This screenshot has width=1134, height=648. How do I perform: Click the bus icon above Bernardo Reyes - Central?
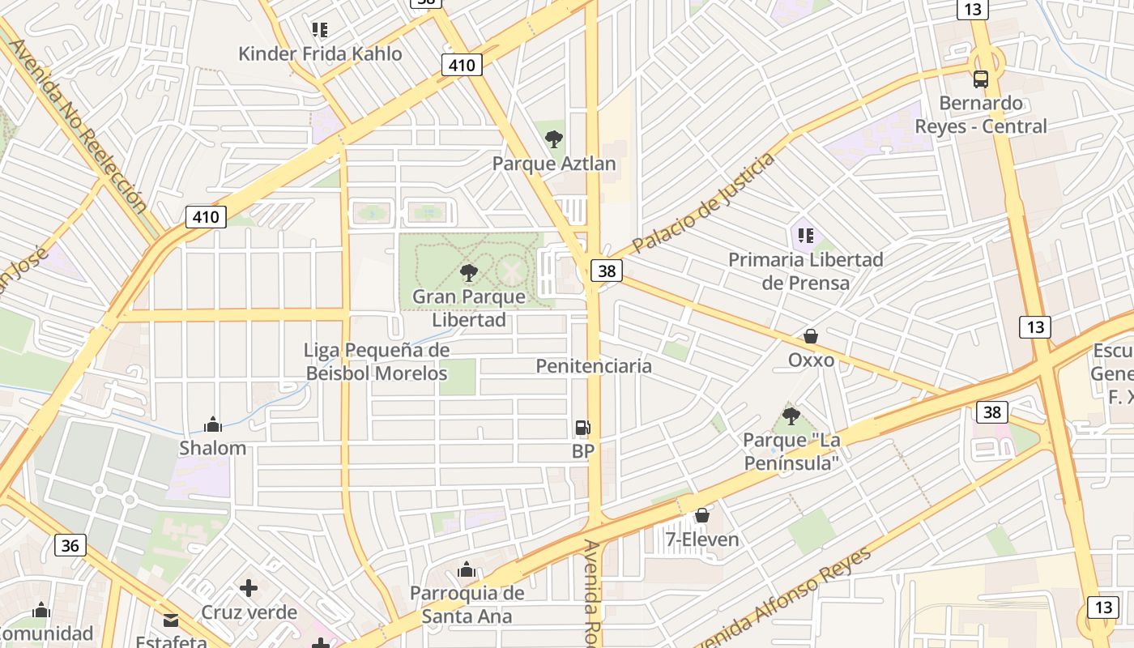coord(980,79)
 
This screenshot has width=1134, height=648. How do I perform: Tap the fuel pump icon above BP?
coord(582,428)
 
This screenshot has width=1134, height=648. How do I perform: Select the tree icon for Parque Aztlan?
coord(554,139)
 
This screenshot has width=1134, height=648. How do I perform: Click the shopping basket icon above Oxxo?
coord(811,336)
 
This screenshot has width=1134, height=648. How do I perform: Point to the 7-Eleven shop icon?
coord(702,515)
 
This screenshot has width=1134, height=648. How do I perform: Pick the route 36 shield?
coord(70,545)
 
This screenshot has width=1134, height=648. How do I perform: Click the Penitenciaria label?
coord(594,366)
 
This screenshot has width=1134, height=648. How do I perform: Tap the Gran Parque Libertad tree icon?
coord(468,272)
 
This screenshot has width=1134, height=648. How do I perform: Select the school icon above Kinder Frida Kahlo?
coord(320,30)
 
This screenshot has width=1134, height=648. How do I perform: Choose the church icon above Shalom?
coord(213,424)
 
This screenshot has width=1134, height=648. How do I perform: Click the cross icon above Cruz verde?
coord(249,587)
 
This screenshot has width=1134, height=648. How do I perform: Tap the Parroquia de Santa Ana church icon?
coord(467,570)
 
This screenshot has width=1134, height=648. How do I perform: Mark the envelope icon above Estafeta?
coord(171,620)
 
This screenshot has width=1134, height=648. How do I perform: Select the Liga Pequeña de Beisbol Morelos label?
coord(377,361)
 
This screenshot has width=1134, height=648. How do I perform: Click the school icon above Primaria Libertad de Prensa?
coord(805,236)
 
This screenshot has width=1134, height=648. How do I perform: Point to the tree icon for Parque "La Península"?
coord(791,416)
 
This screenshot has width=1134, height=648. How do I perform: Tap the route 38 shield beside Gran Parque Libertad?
coord(606,271)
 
